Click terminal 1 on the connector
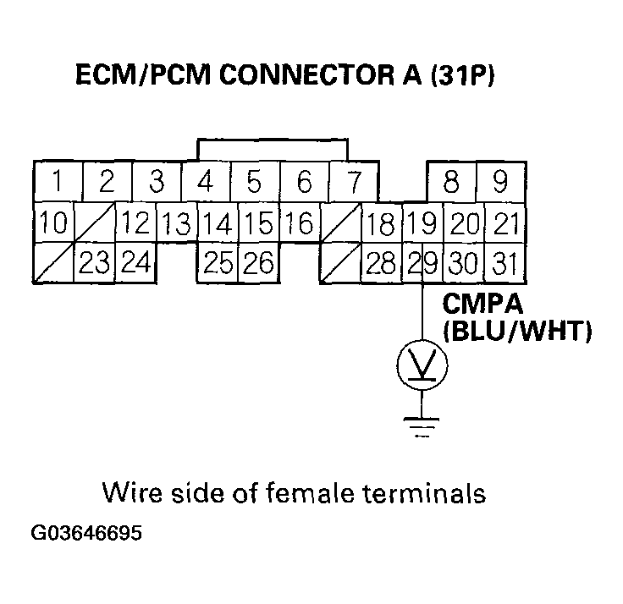tap(54, 182)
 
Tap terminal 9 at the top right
tap(499, 182)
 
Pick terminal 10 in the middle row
tap(53, 224)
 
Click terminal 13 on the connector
tap(176, 224)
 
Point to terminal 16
tap(299, 224)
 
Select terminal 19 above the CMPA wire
tap(421, 224)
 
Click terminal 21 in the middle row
tap(504, 224)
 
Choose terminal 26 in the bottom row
tap(257, 264)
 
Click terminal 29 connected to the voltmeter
tap(421, 264)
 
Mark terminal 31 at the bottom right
tap(504, 264)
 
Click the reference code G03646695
tap(86, 535)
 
